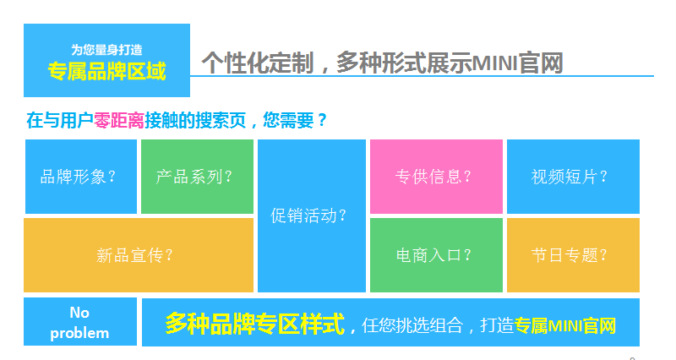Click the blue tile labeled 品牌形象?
(81, 177)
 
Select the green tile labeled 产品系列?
(197, 177)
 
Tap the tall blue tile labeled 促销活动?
(312, 215)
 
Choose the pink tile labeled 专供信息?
(436, 177)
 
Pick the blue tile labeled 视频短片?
(573, 177)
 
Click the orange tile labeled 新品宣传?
(139, 255)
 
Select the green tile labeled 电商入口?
(436, 255)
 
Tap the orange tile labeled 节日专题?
(573, 255)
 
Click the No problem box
(80, 322)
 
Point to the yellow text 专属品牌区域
(106, 71)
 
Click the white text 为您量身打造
(106, 50)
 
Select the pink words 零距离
(119, 120)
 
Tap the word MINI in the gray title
(494, 63)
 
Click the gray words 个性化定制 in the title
(258, 63)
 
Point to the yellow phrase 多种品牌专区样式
(255, 324)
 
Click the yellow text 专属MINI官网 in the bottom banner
(565, 325)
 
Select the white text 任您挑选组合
(412, 325)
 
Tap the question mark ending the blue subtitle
(322, 120)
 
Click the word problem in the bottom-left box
(79, 334)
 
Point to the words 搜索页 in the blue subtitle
(221, 120)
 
